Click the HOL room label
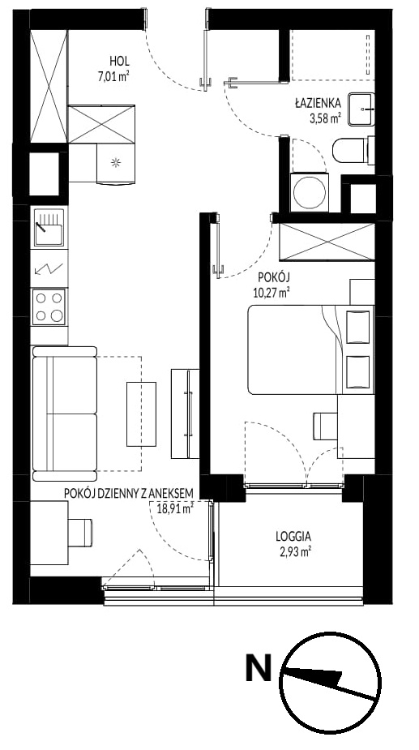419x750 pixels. point(120,62)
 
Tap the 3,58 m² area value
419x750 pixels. point(325,118)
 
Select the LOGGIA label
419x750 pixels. point(293,536)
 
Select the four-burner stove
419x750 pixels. point(49,306)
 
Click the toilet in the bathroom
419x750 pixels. point(353,150)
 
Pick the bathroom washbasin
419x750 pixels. point(361,109)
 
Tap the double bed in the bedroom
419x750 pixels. point(310,349)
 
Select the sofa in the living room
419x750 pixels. point(65,414)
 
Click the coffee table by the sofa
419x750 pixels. point(142,414)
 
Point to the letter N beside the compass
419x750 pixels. point(259,668)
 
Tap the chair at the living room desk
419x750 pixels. point(80,533)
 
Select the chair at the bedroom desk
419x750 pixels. point(325,426)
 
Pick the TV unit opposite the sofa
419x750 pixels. point(185,414)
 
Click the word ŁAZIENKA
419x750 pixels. point(318,102)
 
